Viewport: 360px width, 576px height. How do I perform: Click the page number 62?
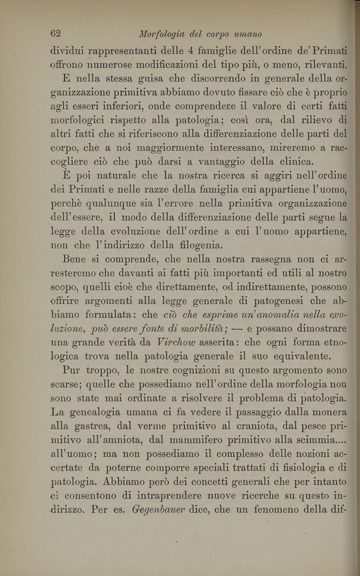coord(55,34)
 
